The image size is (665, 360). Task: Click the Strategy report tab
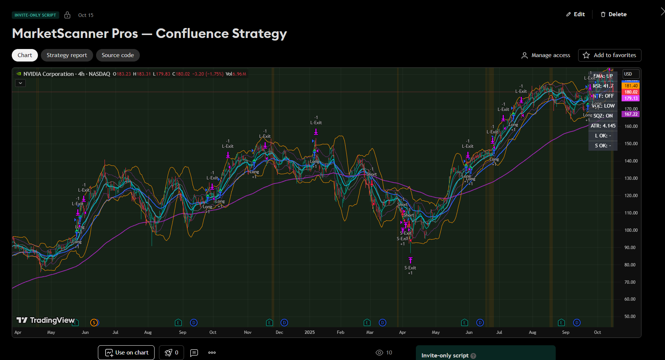click(x=67, y=55)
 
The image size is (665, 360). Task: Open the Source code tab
click(x=118, y=55)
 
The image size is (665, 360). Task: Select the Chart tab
click(x=25, y=55)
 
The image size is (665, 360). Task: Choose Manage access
click(x=546, y=55)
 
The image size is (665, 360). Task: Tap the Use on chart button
click(x=126, y=353)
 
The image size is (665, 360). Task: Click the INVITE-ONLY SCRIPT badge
click(x=35, y=15)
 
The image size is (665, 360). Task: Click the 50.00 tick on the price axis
click(x=630, y=317)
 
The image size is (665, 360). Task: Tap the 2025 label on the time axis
click(x=309, y=332)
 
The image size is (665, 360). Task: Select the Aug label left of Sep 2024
click(x=148, y=332)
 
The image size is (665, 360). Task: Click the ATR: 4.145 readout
click(x=603, y=126)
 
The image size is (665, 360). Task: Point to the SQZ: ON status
click(x=603, y=116)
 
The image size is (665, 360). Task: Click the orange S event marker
click(x=94, y=323)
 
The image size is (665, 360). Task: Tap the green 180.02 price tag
click(x=631, y=92)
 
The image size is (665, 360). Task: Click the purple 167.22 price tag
click(x=631, y=114)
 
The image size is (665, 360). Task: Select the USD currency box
click(x=631, y=74)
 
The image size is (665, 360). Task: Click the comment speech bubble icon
click(x=194, y=353)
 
